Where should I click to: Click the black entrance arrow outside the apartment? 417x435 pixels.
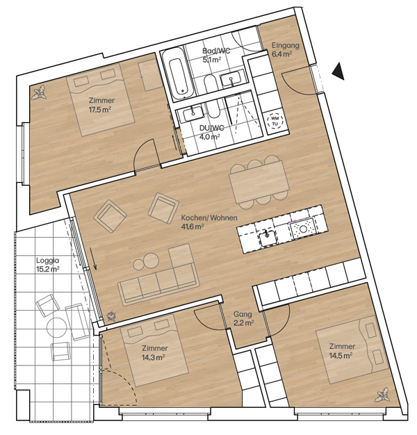[339, 72]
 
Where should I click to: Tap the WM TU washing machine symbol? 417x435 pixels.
[275, 121]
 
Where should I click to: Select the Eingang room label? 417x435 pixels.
[286, 45]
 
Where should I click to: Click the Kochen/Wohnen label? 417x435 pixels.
[209, 217]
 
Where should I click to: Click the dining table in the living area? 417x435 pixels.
[259, 182]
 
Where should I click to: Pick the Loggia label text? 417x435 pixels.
[47, 261]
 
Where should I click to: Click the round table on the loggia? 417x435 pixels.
[57, 327]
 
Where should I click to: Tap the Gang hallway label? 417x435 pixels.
[243, 314]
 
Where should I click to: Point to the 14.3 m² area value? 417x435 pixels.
[154, 357]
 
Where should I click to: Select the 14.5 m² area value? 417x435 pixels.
[341, 355]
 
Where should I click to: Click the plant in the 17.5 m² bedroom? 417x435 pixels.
[39, 92]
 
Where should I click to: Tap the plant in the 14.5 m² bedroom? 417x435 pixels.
[382, 395]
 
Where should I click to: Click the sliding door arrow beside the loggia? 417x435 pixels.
[93, 258]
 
